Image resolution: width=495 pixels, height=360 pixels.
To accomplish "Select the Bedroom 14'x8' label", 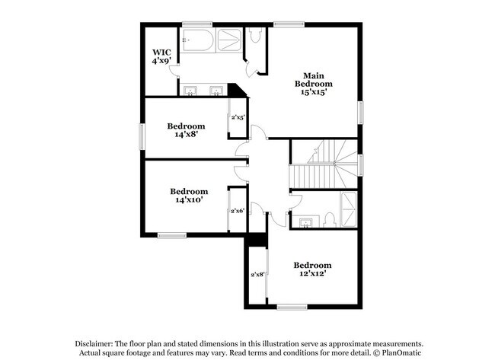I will tap(187, 129).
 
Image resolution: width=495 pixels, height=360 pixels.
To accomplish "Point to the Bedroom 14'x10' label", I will tap(189, 196).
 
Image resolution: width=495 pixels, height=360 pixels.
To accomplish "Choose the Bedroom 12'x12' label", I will tap(312, 269).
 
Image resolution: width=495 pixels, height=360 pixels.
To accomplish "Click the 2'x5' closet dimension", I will tap(238, 118).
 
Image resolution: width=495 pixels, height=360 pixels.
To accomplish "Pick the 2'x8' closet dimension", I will tap(257, 275).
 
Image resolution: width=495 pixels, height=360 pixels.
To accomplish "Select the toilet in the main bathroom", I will tap(256, 35).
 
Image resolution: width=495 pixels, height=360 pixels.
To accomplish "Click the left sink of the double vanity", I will tap(190, 92).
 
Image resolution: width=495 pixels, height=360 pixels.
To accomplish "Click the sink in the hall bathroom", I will tap(306, 221).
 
